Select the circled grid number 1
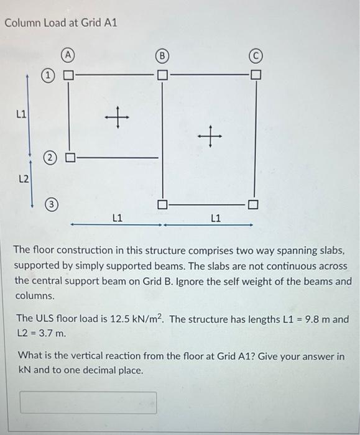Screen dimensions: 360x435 coord(48,76)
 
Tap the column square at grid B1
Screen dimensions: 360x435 coord(162,76)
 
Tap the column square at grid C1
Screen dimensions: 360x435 coord(255,76)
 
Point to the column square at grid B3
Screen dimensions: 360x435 coord(162,204)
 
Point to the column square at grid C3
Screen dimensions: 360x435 coord(255,204)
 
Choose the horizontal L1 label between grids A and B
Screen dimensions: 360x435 coord(117,218)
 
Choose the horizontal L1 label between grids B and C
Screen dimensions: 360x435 coord(216,218)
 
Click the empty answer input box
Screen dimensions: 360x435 coord(88,402)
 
